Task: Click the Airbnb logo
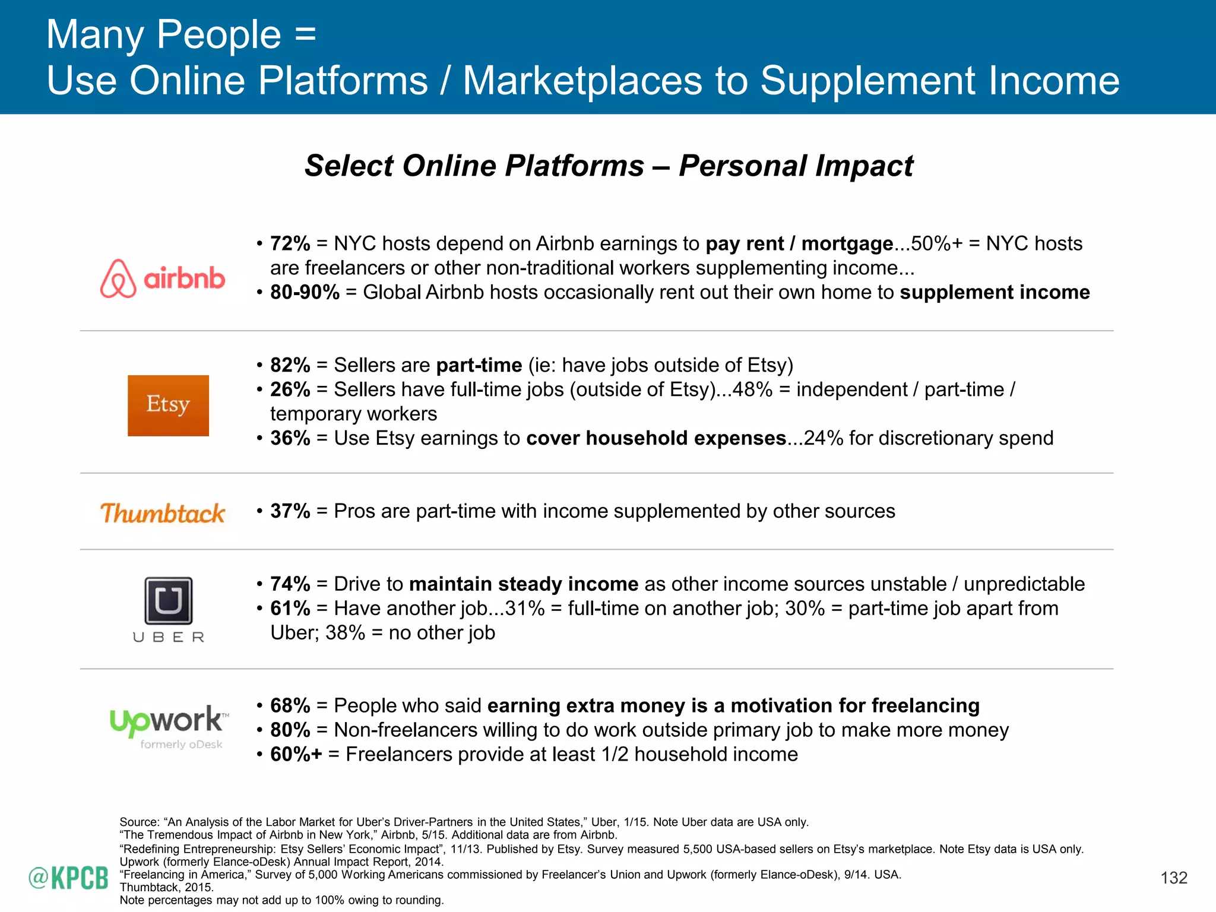pos(163,278)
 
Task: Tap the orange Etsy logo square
pos(168,406)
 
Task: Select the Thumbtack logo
pos(163,513)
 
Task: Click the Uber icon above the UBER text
pos(169,600)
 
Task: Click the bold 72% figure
pos(290,244)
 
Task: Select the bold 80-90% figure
pos(305,293)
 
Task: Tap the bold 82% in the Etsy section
pos(290,365)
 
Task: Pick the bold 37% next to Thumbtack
pos(290,511)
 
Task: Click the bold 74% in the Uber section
pos(290,584)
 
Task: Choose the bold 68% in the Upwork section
pos(290,706)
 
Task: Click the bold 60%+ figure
pos(296,755)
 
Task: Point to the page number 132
pos(1173,878)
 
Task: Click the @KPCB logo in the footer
pos(68,878)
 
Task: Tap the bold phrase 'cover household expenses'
pos(655,438)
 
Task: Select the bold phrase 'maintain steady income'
pos(523,584)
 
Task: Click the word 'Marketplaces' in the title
pos(582,81)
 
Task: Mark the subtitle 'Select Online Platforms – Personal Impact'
pos(608,166)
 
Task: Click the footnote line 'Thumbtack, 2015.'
pos(166,887)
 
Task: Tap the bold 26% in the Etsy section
pos(290,389)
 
